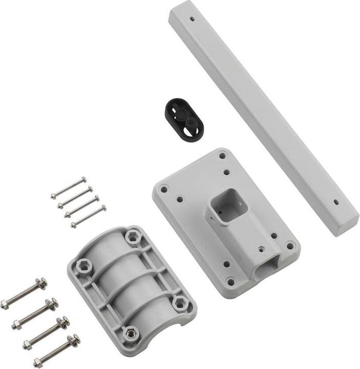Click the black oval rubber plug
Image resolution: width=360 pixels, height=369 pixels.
pos(184,118)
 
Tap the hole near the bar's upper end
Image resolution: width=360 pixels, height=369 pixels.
pos(192,18)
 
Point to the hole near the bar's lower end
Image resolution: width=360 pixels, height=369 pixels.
pos(336,201)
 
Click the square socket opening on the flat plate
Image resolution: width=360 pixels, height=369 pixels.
pos(228,204)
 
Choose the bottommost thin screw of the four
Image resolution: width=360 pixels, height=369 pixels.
pos(88,216)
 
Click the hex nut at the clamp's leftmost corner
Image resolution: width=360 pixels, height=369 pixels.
pos(84,266)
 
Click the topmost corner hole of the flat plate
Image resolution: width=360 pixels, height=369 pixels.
pos(222,155)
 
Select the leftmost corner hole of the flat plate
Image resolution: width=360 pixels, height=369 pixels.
pos(164,189)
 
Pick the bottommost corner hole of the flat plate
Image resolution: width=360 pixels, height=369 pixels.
pos(231,282)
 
